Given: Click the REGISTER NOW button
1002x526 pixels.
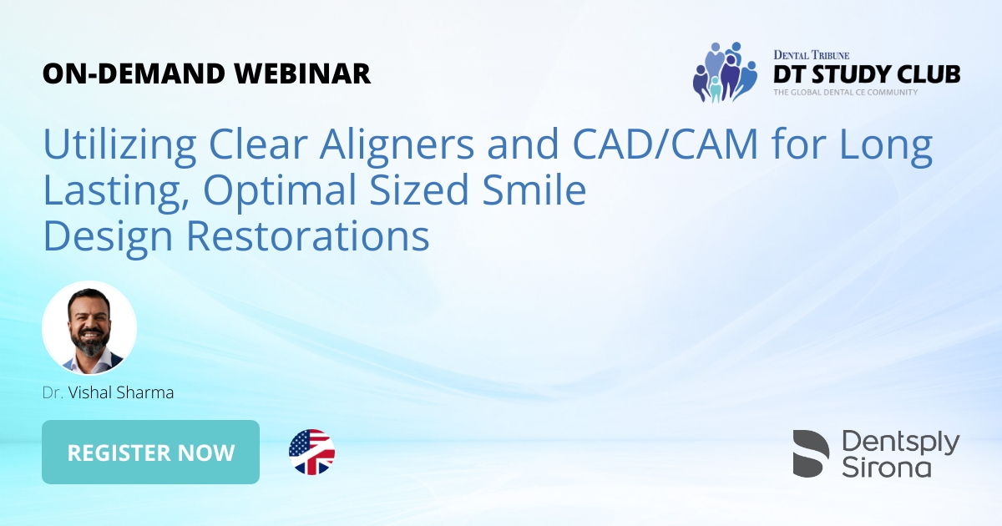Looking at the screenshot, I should pos(150,453).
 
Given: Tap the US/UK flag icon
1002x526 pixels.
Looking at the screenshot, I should pos(311,453).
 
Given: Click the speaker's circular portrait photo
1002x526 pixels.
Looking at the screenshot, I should pos(89,328).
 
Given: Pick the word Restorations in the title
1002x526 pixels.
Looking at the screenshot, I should pos(307,237).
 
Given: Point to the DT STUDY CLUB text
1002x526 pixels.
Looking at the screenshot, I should pos(866,74).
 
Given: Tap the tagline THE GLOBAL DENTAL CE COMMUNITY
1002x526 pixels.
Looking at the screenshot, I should pos(845,92).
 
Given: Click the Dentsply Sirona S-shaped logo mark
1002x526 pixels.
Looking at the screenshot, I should pos(811,453).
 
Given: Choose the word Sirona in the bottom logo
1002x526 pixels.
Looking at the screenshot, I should pos(886,466).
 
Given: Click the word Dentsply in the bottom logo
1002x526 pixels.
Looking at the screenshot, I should pos(900,442).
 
